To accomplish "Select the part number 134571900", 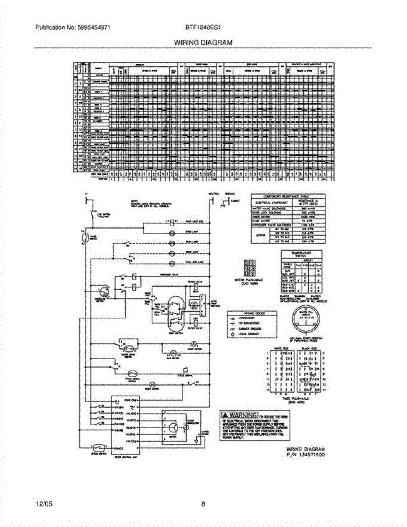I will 310,455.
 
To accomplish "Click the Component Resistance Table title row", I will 288,196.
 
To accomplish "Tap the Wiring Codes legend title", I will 251,313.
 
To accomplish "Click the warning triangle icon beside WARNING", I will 224,415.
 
